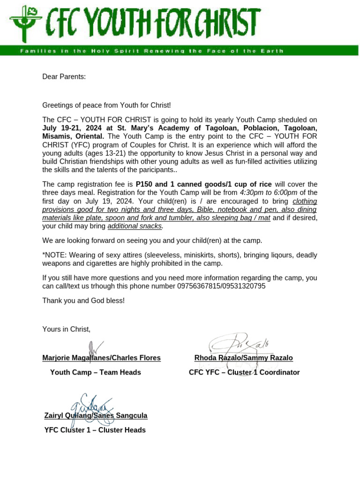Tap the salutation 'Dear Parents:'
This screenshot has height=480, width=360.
tap(64, 76)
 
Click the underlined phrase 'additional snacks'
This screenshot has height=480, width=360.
tap(135, 226)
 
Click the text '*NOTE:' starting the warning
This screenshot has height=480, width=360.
tap(53, 255)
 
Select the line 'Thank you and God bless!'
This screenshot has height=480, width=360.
tap(83, 300)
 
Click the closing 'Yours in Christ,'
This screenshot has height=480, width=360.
tap(66, 329)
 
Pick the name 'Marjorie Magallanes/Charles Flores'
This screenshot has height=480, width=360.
tap(101, 358)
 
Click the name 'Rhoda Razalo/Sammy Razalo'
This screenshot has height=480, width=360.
tap(243, 358)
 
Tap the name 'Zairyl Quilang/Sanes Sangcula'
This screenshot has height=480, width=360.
tap(96, 416)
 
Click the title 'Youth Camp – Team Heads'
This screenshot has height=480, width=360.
tap(96, 373)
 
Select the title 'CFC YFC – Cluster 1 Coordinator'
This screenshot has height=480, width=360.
tap(244, 373)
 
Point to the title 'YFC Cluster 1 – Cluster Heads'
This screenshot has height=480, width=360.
tap(95, 430)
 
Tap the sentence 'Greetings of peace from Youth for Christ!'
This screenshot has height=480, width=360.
tap(107, 105)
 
